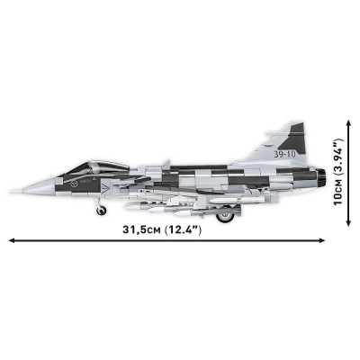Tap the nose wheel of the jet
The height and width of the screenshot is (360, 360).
[102, 210]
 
